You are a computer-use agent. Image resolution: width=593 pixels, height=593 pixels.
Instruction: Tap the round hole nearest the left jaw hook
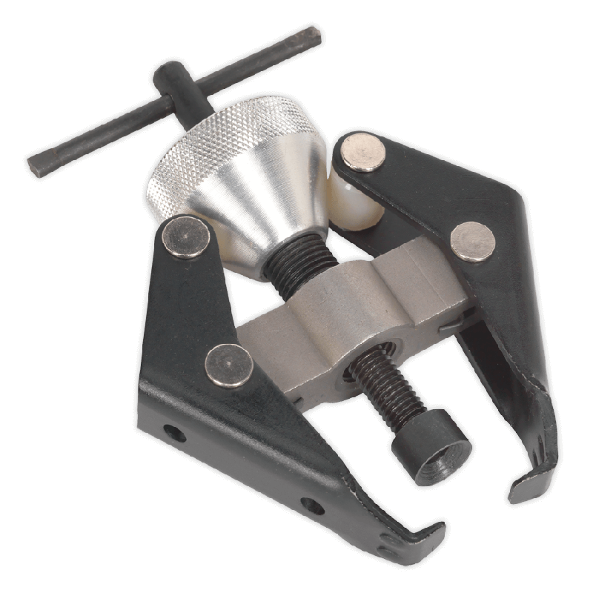pos(312,506)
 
